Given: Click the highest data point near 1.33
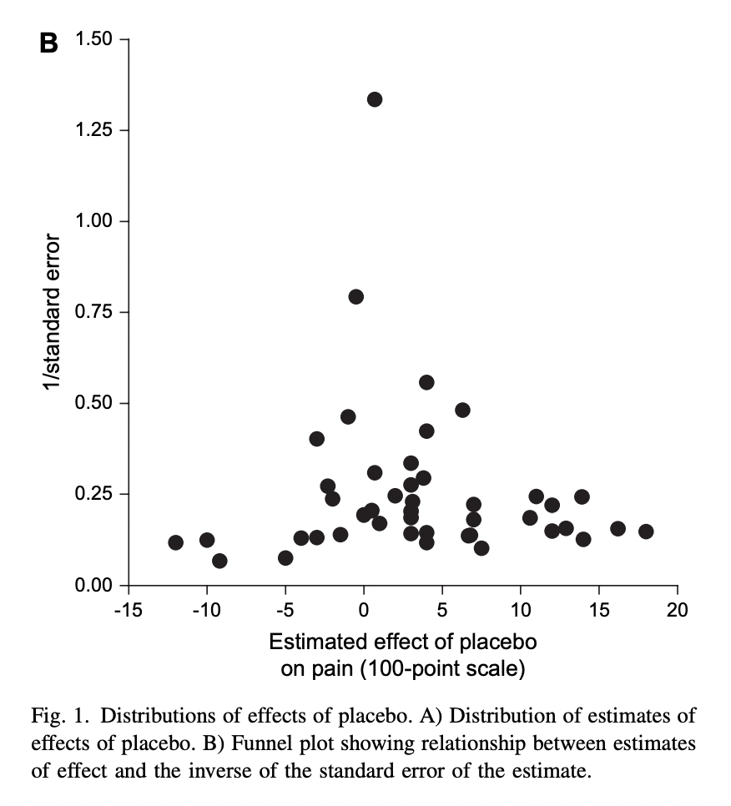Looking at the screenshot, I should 375,99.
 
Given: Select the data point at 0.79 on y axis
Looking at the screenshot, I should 356,296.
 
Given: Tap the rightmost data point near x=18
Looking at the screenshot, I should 646,531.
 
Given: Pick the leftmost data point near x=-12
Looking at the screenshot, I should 175,542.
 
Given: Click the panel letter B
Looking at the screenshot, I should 49,44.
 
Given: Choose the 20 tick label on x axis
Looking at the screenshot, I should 678,609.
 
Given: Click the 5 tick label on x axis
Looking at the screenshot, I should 442,609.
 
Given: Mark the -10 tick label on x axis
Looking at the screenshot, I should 206,609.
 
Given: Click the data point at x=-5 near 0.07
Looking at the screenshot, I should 285,557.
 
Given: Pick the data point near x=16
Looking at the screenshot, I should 618,528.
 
